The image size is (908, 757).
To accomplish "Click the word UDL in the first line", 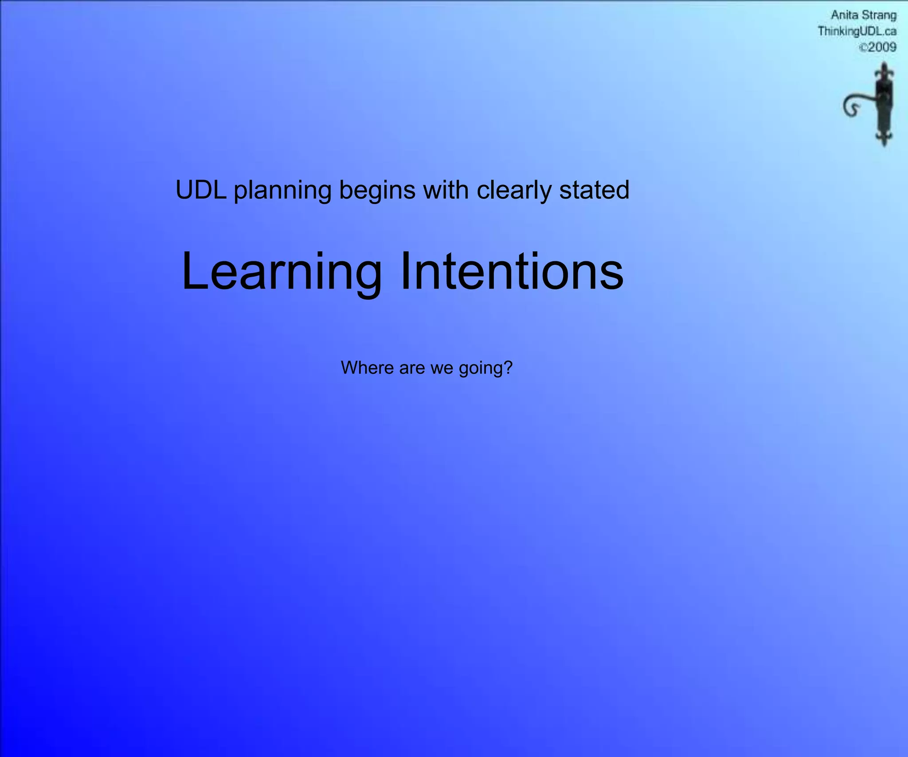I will tap(201, 190).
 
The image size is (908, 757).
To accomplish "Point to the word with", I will tap(446, 190).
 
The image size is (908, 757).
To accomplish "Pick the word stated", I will tap(594, 190).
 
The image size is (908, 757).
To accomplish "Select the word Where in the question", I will tap(367, 368).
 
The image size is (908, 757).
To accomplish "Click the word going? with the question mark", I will tap(485, 369).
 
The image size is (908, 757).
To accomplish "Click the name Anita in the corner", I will tap(844, 16).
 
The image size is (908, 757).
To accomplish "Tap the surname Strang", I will tap(879, 16).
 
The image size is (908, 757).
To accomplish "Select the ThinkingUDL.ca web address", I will tap(857, 31).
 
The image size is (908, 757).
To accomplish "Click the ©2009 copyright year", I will tap(878, 47).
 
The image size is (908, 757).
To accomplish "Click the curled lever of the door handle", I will tap(853, 106).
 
